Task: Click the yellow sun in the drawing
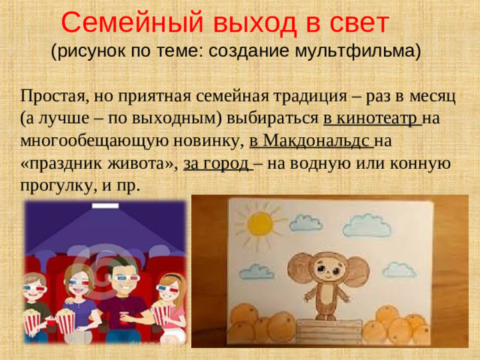point(261,223)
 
